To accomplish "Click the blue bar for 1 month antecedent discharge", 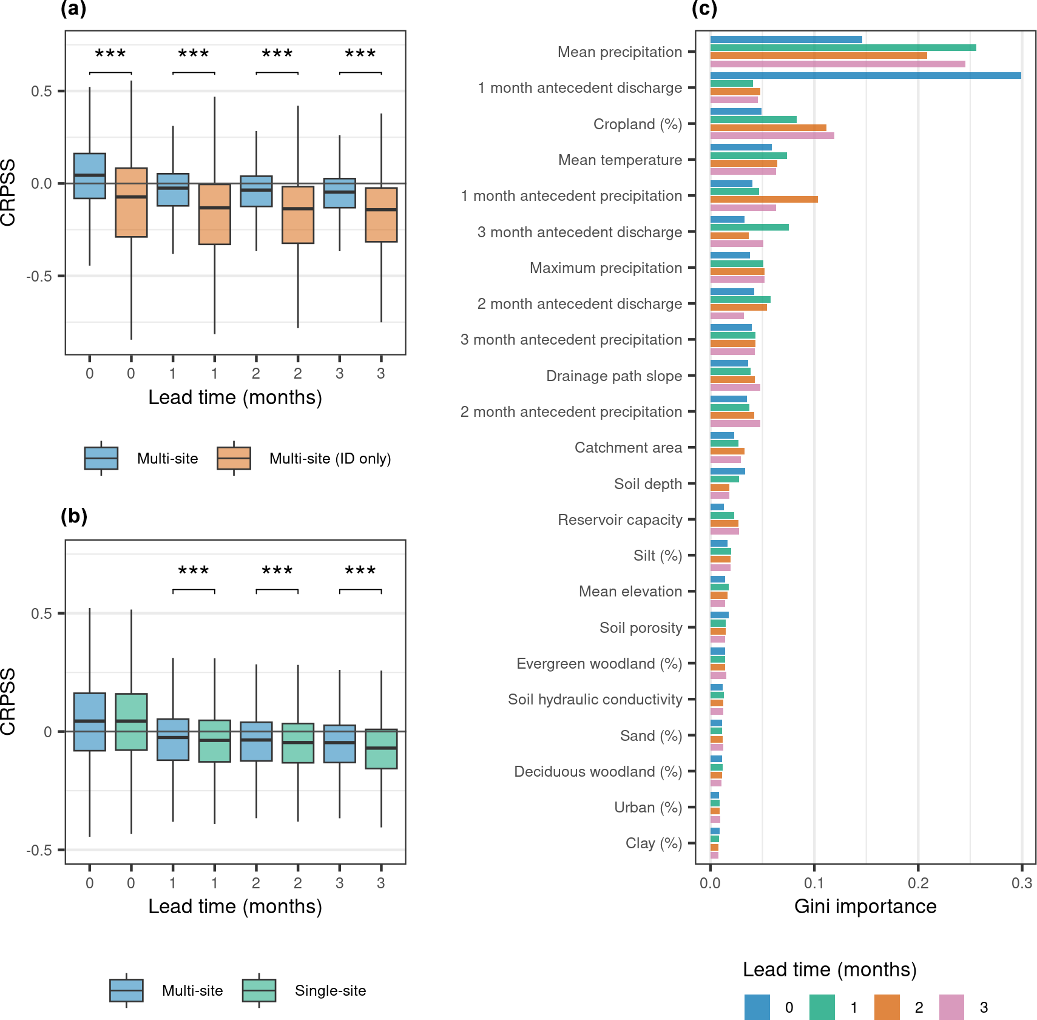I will pos(865,76).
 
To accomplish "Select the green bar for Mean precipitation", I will pos(843,47).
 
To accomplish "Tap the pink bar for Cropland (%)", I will pos(772,135).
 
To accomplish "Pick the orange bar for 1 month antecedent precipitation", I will pos(764,199).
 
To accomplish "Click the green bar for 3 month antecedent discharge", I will pos(749,227).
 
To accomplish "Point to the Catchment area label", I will pos(628,448).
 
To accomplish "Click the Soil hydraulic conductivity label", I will pos(595,700).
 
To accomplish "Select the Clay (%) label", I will pos(654,843).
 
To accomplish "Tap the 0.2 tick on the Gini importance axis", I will pos(918,883).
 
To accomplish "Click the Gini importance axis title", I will pos(865,907).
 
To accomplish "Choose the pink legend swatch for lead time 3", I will pos(951,1007).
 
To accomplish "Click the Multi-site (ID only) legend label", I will pos(330,459).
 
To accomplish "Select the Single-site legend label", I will pos(330,991).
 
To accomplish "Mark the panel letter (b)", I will pos(74,516).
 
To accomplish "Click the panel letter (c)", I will pos(704,8).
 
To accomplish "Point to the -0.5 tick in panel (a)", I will pos(39,276).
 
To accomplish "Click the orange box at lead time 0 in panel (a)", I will pos(131,202).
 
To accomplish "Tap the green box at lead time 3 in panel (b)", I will pos(381,749).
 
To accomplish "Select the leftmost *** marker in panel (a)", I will pos(110,54).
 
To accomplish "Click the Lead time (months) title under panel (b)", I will pos(235,907).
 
